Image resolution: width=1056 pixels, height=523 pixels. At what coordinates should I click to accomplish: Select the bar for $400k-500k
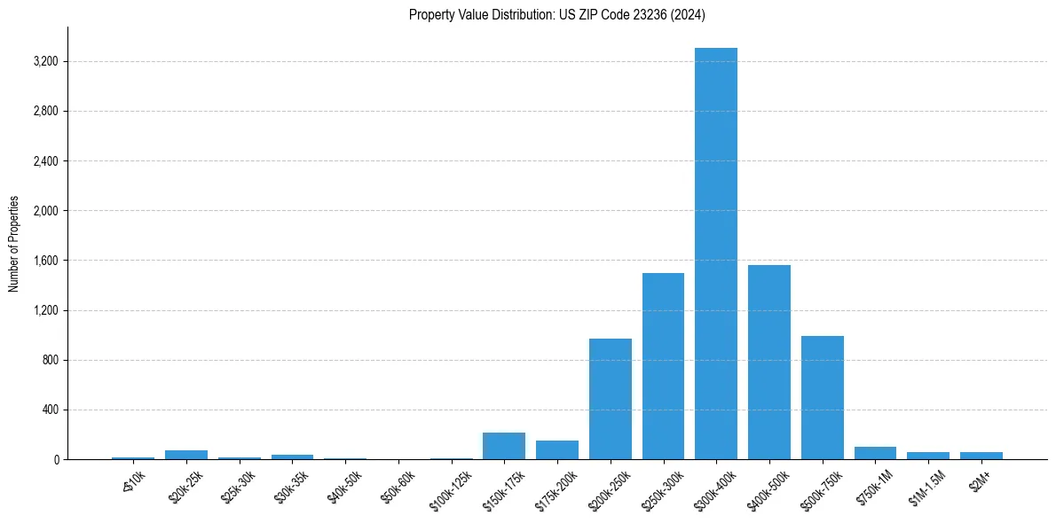tap(768, 363)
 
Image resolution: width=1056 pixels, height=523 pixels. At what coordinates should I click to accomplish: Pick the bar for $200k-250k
tap(611, 399)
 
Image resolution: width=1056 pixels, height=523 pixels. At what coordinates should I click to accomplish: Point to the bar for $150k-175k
tap(504, 446)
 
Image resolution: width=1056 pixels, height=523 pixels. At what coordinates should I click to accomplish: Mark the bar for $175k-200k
tap(557, 450)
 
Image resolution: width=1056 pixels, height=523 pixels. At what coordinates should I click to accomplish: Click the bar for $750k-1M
tap(875, 453)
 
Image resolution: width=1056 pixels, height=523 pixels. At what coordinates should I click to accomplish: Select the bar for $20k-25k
tap(186, 455)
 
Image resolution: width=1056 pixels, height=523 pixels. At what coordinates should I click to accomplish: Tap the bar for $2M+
tap(981, 456)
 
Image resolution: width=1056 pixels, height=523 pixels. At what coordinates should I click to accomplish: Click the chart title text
tap(557, 14)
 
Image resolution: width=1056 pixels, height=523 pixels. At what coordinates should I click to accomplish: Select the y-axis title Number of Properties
tap(14, 244)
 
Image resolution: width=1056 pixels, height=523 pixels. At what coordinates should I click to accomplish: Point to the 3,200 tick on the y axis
tap(44, 62)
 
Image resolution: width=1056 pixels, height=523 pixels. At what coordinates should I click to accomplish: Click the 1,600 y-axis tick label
tap(44, 261)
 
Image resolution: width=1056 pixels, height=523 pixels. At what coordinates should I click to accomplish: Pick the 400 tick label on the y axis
tap(49, 410)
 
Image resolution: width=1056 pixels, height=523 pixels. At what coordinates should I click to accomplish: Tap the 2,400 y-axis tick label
tap(44, 161)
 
